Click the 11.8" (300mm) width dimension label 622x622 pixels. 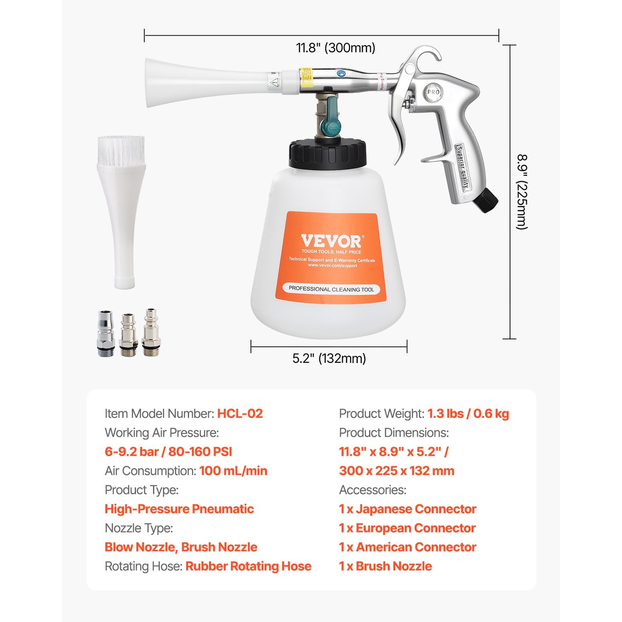335,48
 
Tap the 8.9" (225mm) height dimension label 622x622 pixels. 522,192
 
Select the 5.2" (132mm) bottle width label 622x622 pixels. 329,358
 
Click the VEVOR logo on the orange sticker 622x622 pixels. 331,241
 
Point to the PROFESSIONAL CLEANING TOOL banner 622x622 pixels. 331,289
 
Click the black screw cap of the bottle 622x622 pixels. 328,154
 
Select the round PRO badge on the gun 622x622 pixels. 433,92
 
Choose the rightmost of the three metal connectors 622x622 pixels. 151,332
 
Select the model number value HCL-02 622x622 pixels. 240,413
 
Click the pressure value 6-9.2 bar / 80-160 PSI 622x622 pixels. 168,452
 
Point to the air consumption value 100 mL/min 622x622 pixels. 233,471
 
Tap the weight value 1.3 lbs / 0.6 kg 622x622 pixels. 468,413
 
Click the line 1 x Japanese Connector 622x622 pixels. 408,509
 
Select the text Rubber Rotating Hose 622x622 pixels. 248,566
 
